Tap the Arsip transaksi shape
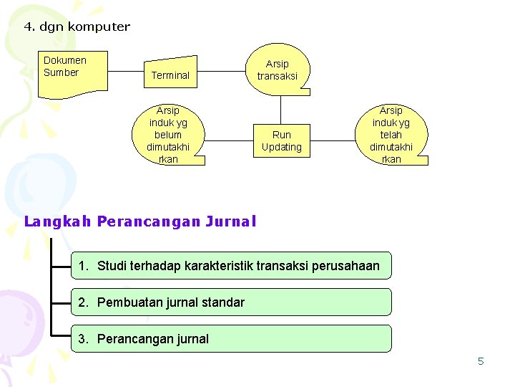[x=278, y=70]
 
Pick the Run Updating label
[x=282, y=140]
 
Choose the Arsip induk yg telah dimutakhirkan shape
[x=391, y=135]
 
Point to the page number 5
[x=481, y=361]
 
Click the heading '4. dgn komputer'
[x=77, y=27]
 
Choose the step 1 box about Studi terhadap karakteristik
[x=231, y=266]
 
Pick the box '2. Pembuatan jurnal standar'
[x=231, y=302]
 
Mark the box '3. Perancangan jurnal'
[x=231, y=339]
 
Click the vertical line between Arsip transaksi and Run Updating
[x=281, y=107]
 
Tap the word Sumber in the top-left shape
[x=61, y=72]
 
